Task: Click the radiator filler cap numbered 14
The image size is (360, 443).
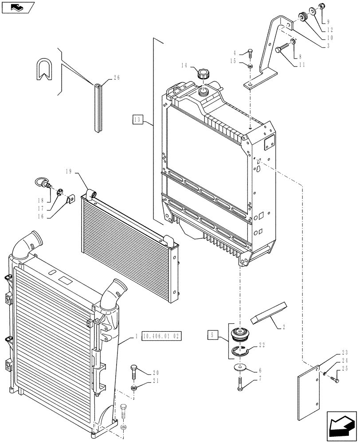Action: pyautogui.click(x=203, y=74)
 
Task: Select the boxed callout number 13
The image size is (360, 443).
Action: pyautogui.click(x=138, y=119)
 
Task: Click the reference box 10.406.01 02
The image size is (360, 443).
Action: pyautogui.click(x=163, y=336)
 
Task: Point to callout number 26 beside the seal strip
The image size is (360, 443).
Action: pyautogui.click(x=117, y=78)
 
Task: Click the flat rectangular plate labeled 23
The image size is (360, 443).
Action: pyautogui.click(x=308, y=393)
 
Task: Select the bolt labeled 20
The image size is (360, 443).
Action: pyautogui.click(x=134, y=371)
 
